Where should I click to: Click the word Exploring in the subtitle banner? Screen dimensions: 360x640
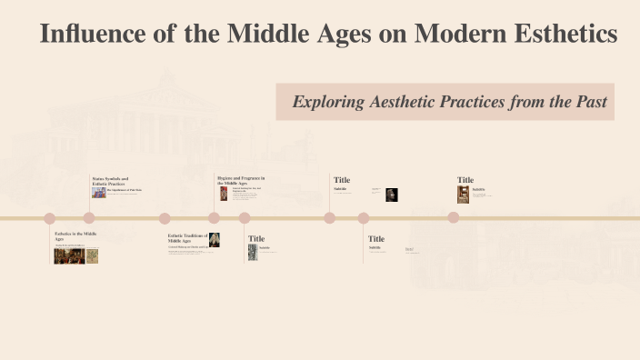click(x=328, y=102)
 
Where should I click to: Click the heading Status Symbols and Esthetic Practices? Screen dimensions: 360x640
click(x=110, y=181)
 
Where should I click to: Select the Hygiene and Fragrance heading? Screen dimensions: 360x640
click(x=240, y=179)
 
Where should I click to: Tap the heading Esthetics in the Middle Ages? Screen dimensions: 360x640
click(x=75, y=235)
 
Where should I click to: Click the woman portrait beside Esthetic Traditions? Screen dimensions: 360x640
click(x=215, y=240)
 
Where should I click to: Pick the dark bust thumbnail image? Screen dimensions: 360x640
click(x=392, y=194)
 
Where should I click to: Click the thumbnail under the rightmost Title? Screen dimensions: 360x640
click(x=463, y=195)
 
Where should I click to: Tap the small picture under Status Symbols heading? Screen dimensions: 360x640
click(x=98, y=192)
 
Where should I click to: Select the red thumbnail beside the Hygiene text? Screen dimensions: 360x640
click(x=224, y=193)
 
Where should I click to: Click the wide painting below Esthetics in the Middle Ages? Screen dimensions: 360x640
click(x=69, y=255)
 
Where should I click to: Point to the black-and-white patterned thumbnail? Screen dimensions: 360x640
click(x=253, y=252)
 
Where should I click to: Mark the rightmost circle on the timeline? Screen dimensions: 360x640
click(x=453, y=217)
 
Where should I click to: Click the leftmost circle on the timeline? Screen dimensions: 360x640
click(x=50, y=217)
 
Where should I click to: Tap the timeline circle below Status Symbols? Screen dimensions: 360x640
click(x=89, y=217)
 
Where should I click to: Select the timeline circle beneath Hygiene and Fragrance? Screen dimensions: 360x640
click(x=214, y=217)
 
